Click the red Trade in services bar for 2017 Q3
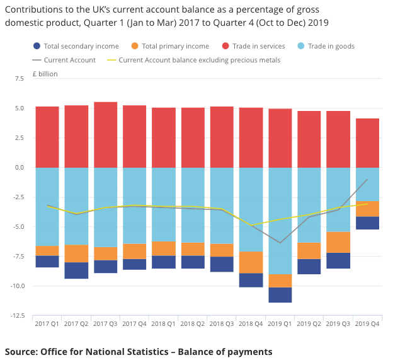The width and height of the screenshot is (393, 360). click(x=105, y=134)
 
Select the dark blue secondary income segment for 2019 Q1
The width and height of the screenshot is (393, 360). click(x=280, y=294)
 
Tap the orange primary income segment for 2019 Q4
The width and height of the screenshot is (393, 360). click(x=367, y=209)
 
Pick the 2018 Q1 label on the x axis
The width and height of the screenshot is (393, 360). click(x=164, y=325)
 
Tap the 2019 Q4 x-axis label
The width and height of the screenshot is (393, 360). click(x=367, y=325)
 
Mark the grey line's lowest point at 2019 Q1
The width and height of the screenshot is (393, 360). click(x=280, y=243)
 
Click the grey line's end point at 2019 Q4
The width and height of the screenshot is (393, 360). click(x=367, y=179)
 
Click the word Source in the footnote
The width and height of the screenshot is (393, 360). click(x=23, y=351)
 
